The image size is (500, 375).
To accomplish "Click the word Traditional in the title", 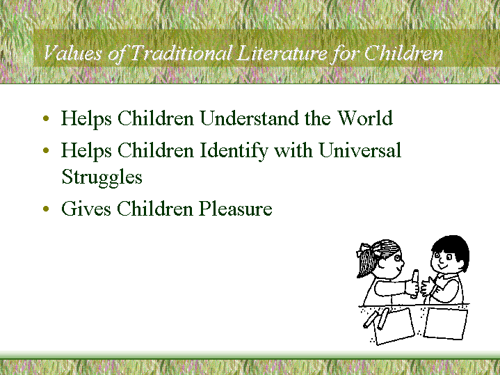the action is pos(182,53).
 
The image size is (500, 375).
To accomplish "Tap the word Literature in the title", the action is pos(282,53).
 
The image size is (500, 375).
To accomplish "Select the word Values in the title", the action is pos(73,53).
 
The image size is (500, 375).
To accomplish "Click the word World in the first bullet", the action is pos(365,118).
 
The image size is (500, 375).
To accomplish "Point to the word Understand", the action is pos(250,118).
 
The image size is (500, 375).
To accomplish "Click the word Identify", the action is pos(234,151).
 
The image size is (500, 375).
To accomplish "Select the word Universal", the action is pos(360,150).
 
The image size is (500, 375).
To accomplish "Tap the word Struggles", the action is pos(102,177).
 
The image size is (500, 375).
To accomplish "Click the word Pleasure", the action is pos(236,209).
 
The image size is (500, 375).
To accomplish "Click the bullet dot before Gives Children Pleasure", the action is pos(46,209).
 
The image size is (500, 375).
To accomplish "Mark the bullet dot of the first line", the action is pos(46,118).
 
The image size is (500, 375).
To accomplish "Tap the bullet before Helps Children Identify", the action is pos(46,150).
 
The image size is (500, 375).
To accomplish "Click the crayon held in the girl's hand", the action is pos(415,284).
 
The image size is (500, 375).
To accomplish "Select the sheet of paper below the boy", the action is pos(445,323).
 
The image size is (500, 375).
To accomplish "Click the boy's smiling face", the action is pos(445,260).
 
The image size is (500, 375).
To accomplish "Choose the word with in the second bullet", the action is pos(293,150).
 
